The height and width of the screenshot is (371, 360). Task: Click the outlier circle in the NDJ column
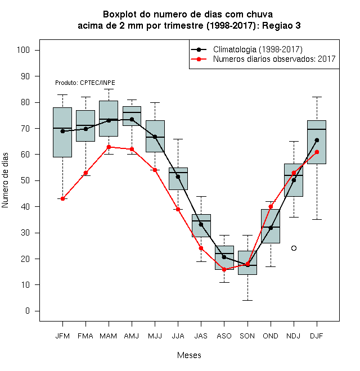[294, 248]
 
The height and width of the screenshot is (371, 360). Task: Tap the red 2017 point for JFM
[62, 199]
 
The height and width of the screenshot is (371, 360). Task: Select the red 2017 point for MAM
[109, 147]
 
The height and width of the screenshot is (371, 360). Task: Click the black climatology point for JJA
[178, 177]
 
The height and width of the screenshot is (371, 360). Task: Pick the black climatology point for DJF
[317, 141]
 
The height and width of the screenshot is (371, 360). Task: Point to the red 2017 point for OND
[271, 206]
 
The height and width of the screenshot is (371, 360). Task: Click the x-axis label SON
[247, 336]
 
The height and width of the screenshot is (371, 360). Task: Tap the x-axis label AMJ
[132, 336]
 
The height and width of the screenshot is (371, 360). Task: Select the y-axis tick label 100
[23, 50]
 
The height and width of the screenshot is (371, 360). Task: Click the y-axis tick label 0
[28, 311]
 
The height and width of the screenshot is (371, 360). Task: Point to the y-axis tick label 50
[25, 180]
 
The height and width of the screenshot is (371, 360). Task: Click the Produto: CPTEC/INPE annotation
[85, 83]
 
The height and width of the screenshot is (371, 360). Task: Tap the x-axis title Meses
[189, 355]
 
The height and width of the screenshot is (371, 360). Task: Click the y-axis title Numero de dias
[5, 180]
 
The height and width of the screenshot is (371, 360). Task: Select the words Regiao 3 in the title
[281, 25]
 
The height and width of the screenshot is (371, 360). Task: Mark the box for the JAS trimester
[201, 226]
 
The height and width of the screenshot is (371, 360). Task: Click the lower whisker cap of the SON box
[247, 301]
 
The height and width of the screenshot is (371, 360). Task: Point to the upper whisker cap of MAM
[109, 89]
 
